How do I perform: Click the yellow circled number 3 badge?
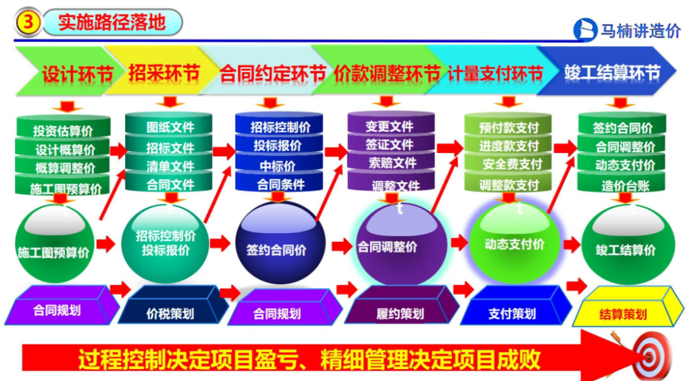[x=29, y=22]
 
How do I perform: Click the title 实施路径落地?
[x=112, y=22]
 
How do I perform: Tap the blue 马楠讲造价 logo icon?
[x=585, y=30]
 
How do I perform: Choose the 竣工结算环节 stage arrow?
[x=607, y=72]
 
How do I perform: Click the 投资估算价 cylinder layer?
[x=63, y=129]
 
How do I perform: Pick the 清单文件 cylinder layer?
[x=170, y=166]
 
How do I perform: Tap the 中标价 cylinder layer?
[x=278, y=165]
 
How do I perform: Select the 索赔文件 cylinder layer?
[x=392, y=162]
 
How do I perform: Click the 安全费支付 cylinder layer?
[x=508, y=164]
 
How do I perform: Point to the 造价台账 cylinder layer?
[x=622, y=184]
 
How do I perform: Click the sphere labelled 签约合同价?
[x=280, y=243]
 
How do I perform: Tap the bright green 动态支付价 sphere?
[x=514, y=243]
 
